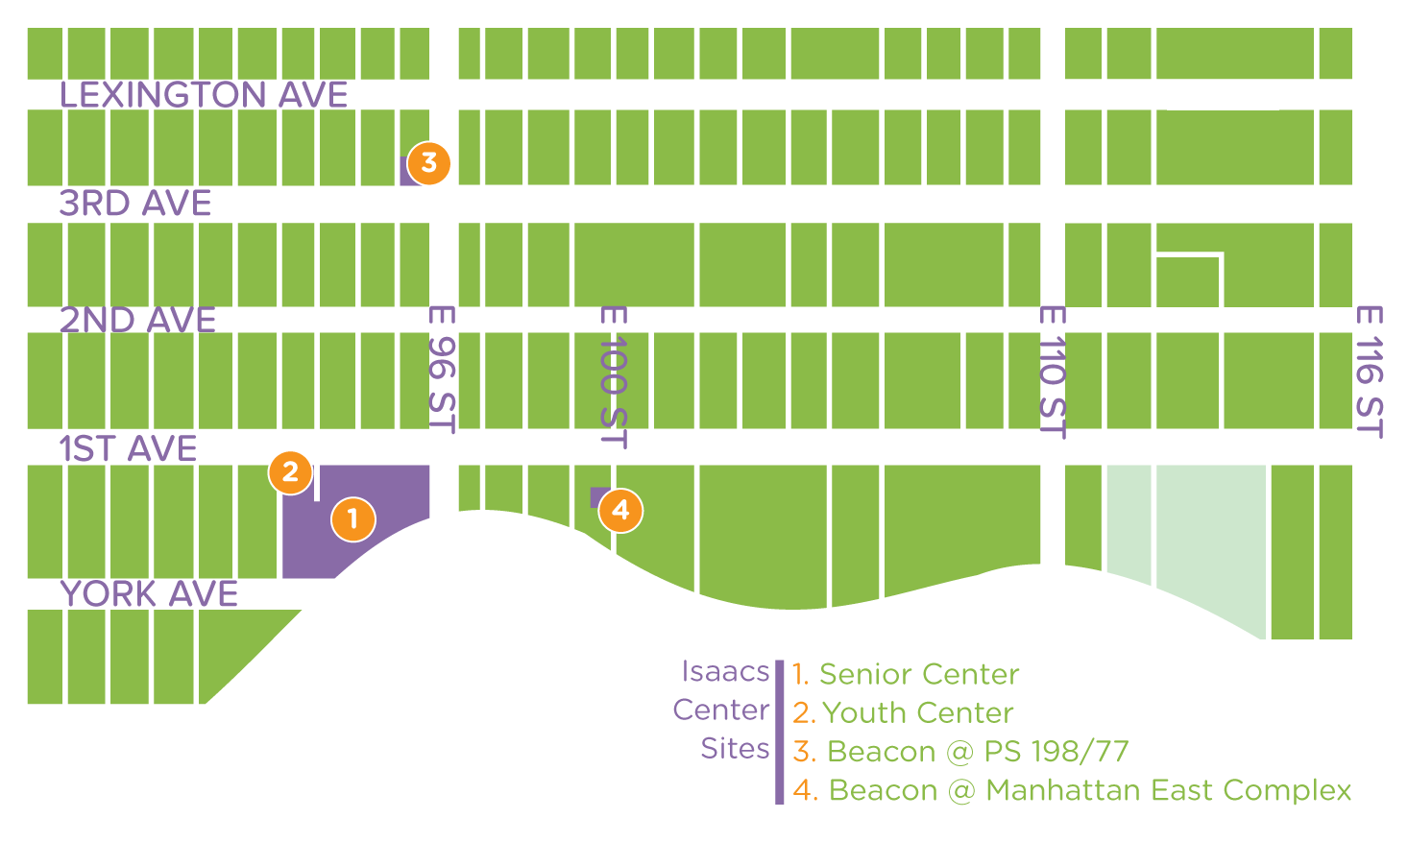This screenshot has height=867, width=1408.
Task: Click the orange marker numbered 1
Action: pyautogui.click(x=352, y=519)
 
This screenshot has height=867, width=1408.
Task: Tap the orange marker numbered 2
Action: pyautogui.click(x=290, y=472)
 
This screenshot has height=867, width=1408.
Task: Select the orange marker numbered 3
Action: pyautogui.click(x=428, y=164)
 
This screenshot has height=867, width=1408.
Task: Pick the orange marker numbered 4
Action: pyautogui.click(x=620, y=510)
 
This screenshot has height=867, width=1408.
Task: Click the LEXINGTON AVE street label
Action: pyautogui.click(x=204, y=95)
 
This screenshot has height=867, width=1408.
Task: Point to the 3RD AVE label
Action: pyautogui.click(x=135, y=204)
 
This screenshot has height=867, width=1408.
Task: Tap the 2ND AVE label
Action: pyautogui.click(x=138, y=320)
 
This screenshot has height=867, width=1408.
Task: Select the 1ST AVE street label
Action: pyautogui.click(x=129, y=448)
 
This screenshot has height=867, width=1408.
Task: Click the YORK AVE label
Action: pyautogui.click(x=149, y=594)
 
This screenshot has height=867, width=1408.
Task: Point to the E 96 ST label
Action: pyautogui.click(x=442, y=369)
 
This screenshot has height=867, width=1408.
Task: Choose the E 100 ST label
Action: pyautogui.click(x=614, y=376)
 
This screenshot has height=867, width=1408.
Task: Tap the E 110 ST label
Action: pyautogui.click(x=1054, y=372)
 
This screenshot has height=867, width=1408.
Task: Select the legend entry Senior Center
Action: pyautogui.click(x=918, y=674)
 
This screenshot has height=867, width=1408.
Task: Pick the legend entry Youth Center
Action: pyautogui.click(x=917, y=712)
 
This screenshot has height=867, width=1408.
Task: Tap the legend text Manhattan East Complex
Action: pyautogui.click(x=1168, y=790)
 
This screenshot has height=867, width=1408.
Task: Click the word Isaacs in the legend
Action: pyautogui.click(x=725, y=671)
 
